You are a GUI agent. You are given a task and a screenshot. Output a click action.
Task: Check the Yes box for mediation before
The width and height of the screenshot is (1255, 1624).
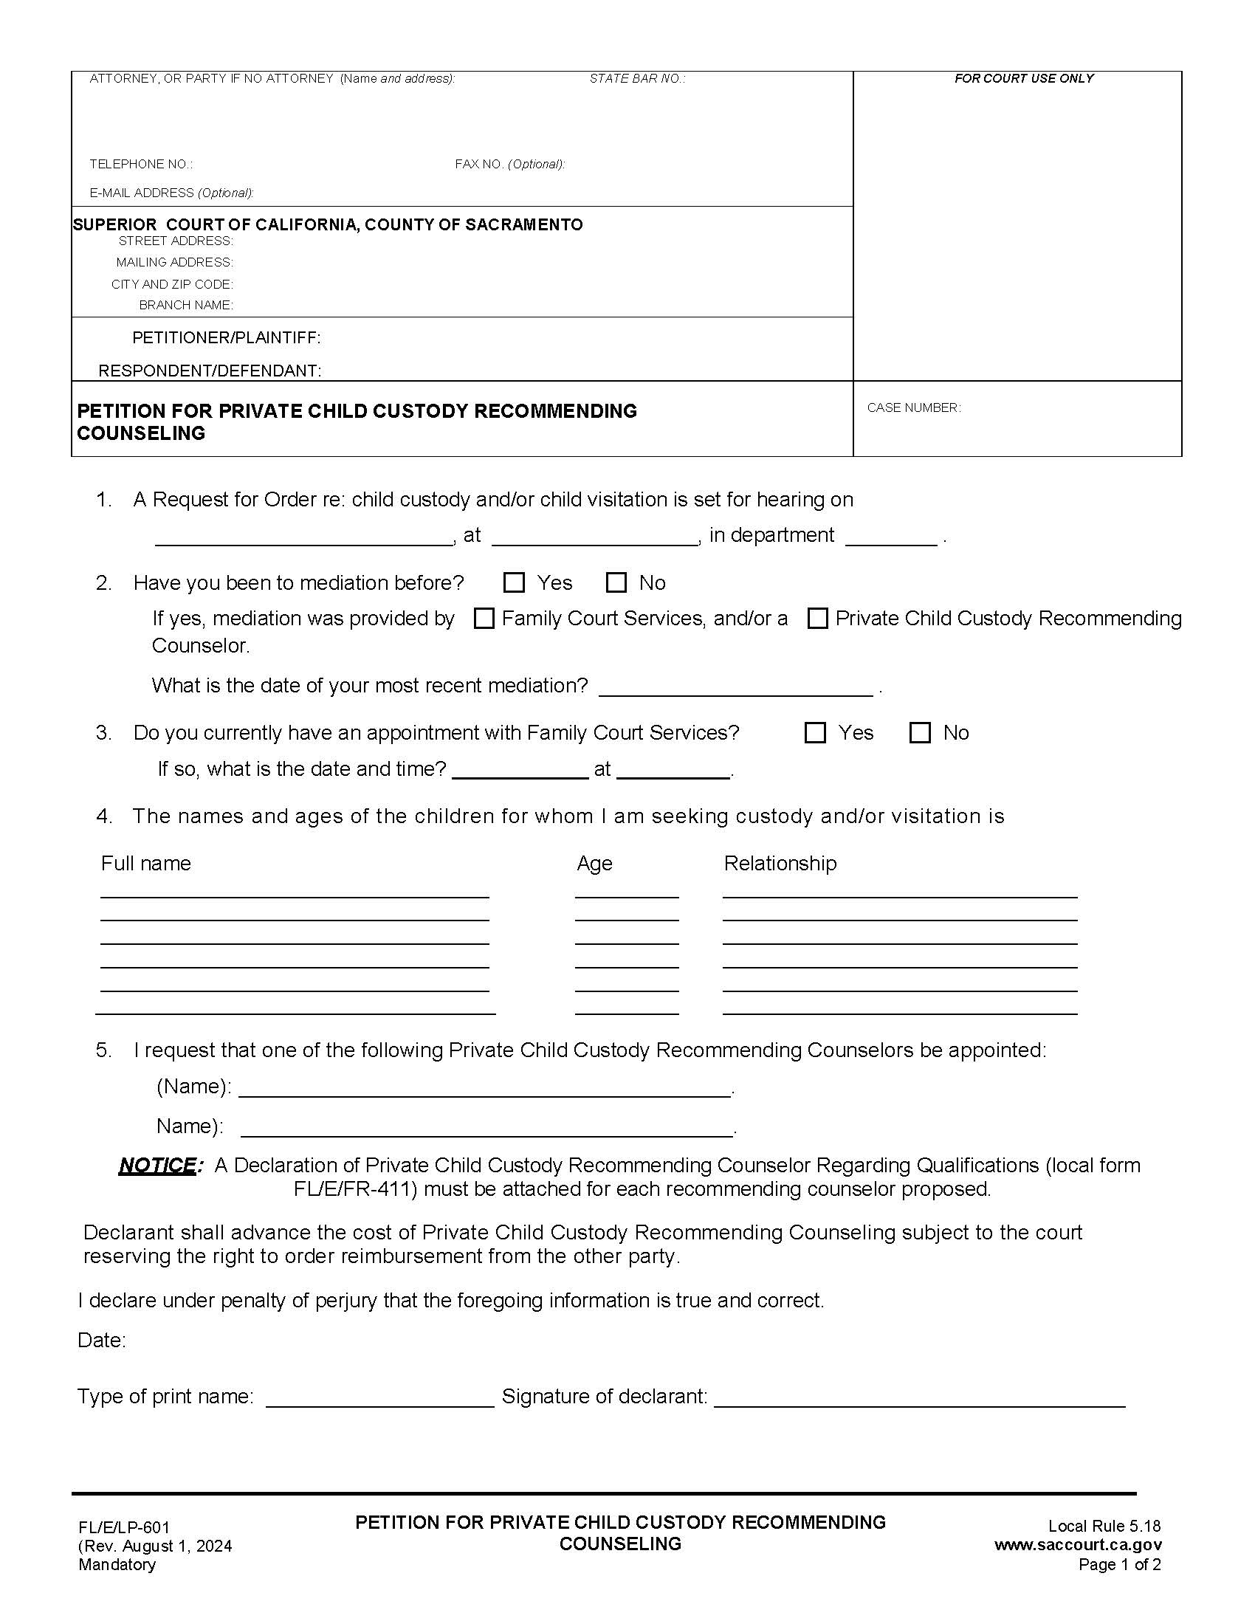tap(514, 582)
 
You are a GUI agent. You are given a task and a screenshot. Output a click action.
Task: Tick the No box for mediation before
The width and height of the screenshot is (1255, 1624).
tap(616, 582)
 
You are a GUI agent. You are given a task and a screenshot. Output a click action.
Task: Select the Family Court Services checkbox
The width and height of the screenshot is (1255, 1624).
tap(484, 618)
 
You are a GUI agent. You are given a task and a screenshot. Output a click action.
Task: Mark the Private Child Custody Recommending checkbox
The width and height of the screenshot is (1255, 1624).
tap(817, 618)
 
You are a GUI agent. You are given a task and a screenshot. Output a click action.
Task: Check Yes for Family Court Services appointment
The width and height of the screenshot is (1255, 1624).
tap(815, 732)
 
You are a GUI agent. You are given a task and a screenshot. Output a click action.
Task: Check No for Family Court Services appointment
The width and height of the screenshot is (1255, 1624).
tap(920, 732)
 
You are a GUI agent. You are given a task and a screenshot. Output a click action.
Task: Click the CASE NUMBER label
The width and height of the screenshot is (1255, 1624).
tap(913, 407)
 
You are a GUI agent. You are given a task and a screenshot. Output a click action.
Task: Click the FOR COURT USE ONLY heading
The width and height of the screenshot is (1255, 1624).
tap(1023, 78)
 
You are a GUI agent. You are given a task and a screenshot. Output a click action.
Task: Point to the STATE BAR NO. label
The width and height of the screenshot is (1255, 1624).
tap(636, 78)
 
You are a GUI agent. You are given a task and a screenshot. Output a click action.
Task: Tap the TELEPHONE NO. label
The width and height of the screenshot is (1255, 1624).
tap(140, 164)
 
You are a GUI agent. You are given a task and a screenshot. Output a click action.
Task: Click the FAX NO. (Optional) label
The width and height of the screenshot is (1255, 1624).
tap(509, 164)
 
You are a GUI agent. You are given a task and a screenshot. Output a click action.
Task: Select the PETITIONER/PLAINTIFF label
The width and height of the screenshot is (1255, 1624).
tap(226, 337)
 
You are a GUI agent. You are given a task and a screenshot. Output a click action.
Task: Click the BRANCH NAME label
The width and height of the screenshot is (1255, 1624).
tap(186, 305)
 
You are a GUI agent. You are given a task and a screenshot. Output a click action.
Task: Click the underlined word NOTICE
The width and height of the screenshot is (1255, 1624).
tap(158, 1165)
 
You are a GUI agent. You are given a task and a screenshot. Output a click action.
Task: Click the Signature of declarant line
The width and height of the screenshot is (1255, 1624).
tap(919, 1398)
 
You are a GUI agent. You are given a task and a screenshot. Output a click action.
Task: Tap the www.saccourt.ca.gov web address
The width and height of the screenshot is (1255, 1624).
tap(1077, 1544)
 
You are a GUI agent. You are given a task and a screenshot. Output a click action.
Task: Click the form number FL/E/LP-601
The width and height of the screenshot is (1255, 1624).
tap(124, 1527)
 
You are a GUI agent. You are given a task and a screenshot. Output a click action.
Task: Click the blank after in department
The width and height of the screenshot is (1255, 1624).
tap(891, 537)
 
